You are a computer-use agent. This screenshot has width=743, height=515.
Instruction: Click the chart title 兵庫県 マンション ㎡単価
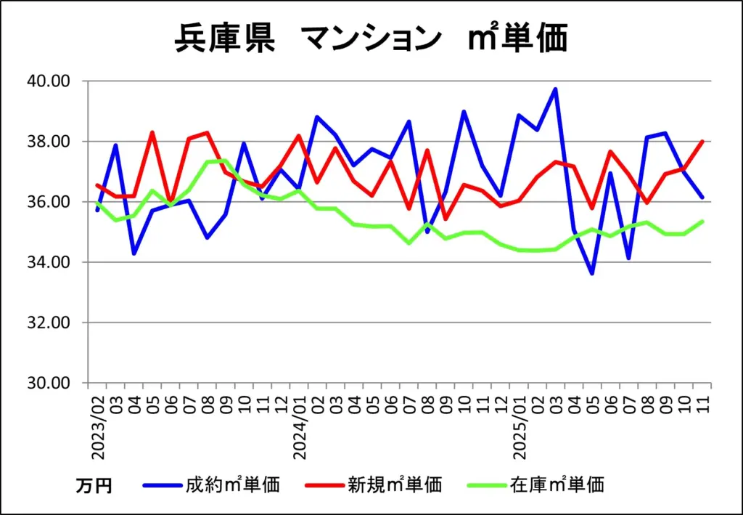coord(371,39)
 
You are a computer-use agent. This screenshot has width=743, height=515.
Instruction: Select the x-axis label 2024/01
coord(299,426)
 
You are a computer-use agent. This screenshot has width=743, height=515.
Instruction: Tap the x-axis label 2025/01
coord(520,426)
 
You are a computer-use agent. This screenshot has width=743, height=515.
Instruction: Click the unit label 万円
coord(94,485)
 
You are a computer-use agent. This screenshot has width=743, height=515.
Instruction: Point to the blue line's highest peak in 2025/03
coord(555,89)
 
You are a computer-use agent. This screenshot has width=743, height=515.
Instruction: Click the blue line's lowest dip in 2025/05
coord(592,274)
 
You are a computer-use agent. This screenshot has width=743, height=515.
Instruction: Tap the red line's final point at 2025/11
coord(702,142)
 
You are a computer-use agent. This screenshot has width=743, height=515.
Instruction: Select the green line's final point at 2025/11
coord(702,222)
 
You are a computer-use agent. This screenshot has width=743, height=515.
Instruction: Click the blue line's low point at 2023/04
coord(134,254)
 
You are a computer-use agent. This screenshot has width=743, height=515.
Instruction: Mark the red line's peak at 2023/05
coord(152,132)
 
